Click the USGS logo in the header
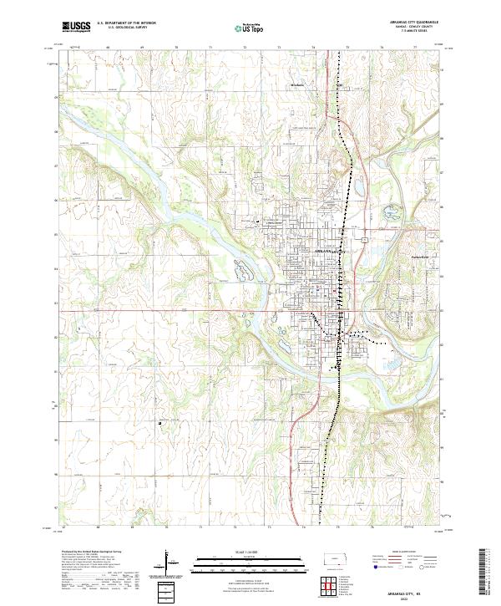76,27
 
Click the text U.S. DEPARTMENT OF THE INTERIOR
126,23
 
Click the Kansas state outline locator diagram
333,558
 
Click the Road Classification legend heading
399,553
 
